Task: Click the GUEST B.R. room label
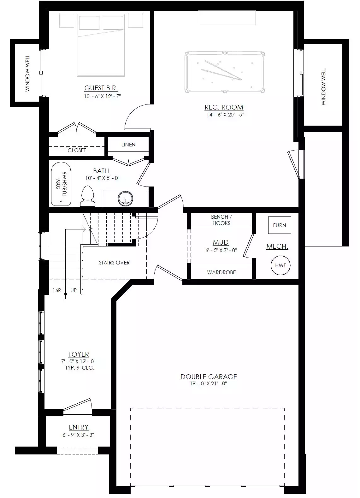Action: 101,88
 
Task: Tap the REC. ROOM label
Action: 224,107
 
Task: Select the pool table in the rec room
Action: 225,72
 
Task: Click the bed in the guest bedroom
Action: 101,45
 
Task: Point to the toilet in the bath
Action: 88,196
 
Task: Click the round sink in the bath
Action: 125,198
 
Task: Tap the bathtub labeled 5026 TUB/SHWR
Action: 61,184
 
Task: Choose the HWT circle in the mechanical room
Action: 280,265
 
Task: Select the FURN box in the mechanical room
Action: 280,225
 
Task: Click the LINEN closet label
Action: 128,145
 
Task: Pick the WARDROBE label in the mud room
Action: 221,272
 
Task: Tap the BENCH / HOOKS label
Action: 221,220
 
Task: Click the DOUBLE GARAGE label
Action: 209,376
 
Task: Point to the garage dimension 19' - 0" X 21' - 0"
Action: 209,383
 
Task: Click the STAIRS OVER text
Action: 114,263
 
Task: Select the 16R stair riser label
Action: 57,290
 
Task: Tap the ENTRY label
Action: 79,427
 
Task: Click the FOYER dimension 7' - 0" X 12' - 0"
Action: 79,361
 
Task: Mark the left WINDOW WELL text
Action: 27,73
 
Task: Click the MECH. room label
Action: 277,246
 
